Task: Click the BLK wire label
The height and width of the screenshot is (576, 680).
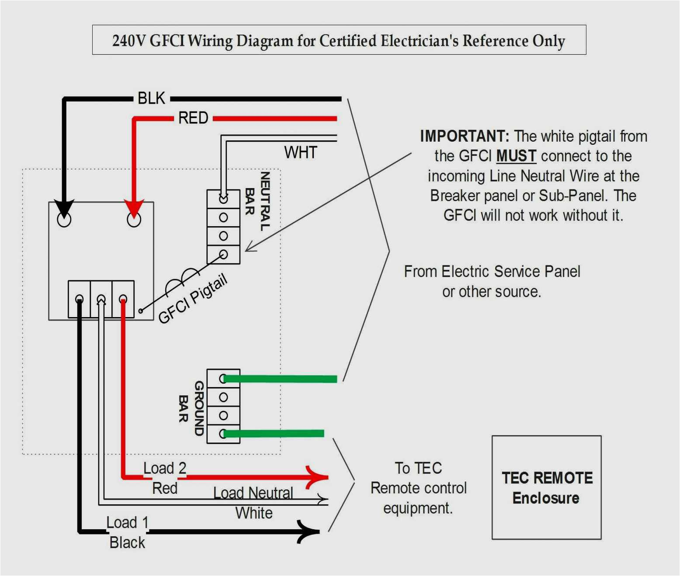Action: (151, 98)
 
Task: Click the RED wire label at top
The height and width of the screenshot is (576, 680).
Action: (193, 118)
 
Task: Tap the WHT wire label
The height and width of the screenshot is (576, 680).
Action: (300, 153)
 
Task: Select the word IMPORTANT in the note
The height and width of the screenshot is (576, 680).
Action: (464, 136)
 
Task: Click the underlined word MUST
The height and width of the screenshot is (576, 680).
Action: (516, 156)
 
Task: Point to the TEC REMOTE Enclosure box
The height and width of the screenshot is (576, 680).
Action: (546, 487)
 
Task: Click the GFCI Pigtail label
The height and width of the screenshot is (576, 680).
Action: (193, 298)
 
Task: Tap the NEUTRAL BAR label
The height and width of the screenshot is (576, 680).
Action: (257, 201)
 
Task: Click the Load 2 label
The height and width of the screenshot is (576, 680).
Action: (165, 468)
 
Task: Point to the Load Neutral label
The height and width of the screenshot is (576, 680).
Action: (253, 493)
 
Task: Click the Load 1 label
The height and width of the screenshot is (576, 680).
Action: (127, 523)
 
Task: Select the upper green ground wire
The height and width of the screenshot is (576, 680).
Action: (280, 379)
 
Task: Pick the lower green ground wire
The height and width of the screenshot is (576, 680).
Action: (273, 433)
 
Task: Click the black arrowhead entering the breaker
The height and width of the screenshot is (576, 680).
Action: (64, 209)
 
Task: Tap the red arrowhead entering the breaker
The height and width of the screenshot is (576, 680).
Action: (134, 209)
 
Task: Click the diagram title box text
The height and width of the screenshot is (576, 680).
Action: (339, 41)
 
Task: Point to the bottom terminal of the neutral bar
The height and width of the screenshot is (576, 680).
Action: (223, 255)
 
